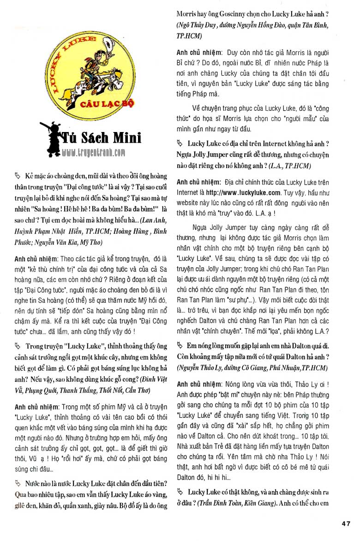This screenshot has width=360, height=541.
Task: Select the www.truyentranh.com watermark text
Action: (94, 152)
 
